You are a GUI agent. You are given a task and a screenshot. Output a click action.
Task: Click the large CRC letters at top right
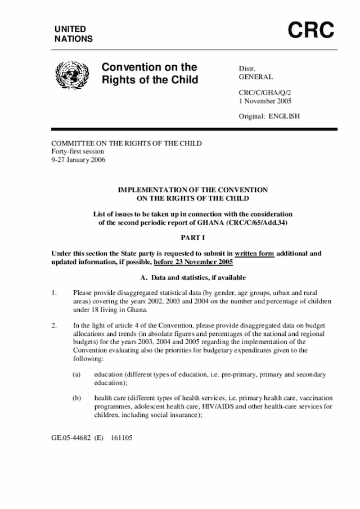tap(311, 31)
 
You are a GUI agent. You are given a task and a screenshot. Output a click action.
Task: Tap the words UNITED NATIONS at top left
tap(74, 34)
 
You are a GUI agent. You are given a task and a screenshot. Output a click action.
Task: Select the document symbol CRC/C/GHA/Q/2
tap(265, 92)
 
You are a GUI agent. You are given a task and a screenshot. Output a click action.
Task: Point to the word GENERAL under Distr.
tap(256, 77)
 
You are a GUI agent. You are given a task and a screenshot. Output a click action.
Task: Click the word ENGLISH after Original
tap(284, 116)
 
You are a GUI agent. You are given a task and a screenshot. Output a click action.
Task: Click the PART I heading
tap(192, 238)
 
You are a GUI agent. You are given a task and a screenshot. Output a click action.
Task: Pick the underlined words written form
tap(254, 254)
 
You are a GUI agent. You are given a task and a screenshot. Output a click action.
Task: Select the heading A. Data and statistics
tap(192, 278)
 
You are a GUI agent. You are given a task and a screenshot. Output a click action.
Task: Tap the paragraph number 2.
tap(54, 326)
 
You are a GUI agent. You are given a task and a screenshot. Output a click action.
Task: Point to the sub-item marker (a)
tap(76, 375)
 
